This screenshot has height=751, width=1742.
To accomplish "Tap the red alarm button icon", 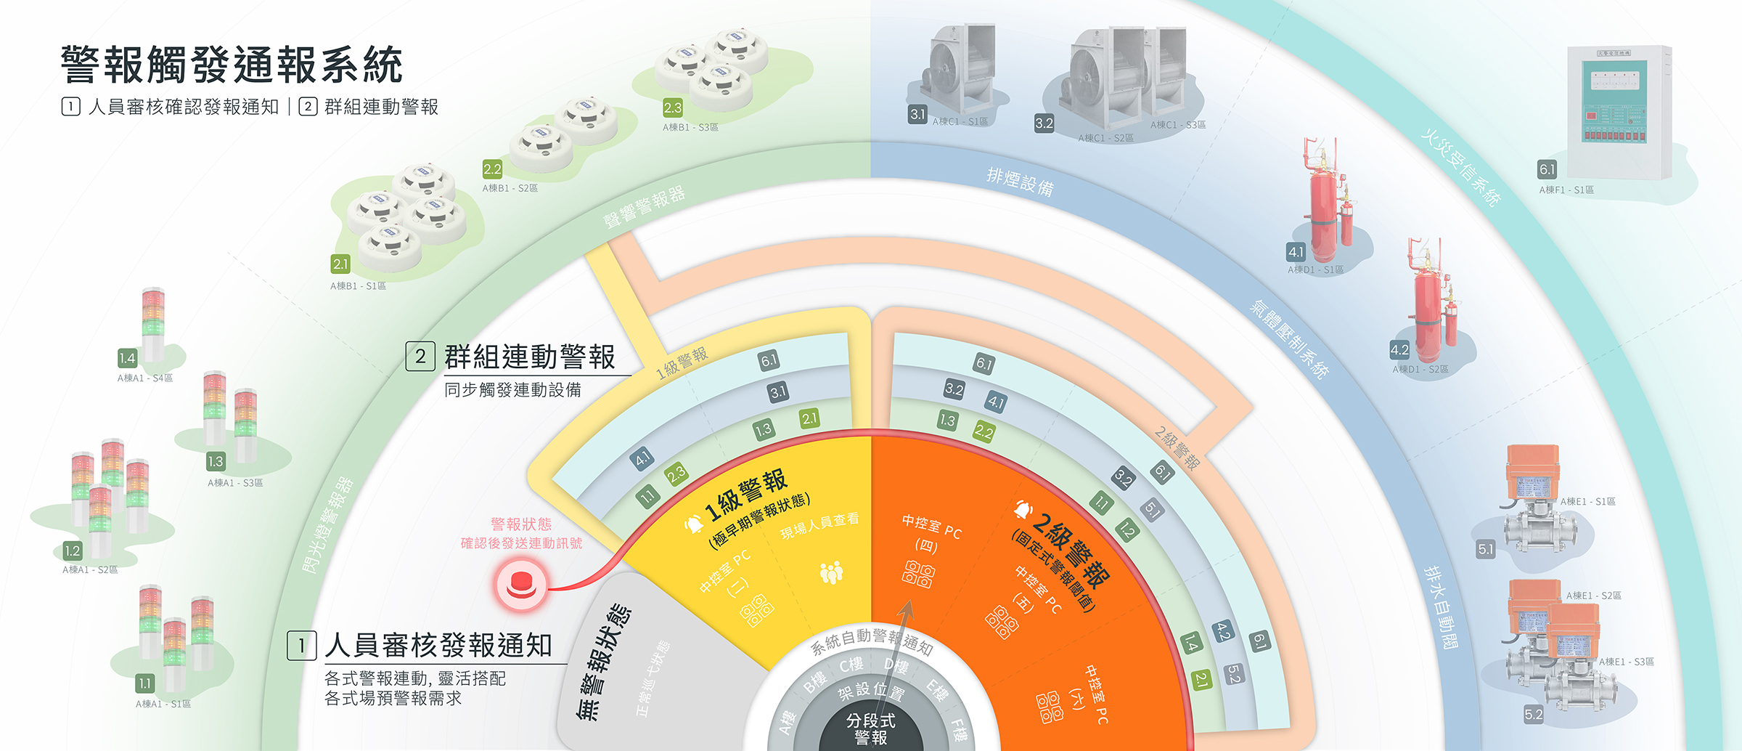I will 520,585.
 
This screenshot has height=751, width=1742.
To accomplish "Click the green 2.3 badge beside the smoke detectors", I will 673,108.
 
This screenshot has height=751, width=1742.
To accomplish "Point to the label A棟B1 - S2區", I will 510,188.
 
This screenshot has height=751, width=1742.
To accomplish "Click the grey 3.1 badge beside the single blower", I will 918,114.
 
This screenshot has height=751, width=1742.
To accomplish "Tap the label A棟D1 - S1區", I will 1315,269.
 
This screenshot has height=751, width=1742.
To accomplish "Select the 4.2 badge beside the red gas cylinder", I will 1399,349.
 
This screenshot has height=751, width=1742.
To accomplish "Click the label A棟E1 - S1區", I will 1588,501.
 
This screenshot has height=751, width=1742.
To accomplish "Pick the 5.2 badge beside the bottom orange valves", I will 1534,714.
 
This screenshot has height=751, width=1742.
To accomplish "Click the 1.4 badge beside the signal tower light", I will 128,358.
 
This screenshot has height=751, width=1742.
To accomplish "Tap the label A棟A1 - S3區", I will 235,483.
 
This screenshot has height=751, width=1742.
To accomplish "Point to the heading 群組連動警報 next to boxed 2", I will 530,357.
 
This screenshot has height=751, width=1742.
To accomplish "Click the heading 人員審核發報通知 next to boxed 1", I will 438,645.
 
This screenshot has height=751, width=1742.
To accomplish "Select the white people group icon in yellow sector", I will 831,572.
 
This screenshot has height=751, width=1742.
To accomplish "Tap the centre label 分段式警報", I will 871,728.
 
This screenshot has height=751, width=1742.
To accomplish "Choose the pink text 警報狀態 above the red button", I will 521,524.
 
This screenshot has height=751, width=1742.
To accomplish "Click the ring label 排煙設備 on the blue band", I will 1020,182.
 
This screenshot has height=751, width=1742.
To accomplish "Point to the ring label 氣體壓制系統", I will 1288,338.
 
